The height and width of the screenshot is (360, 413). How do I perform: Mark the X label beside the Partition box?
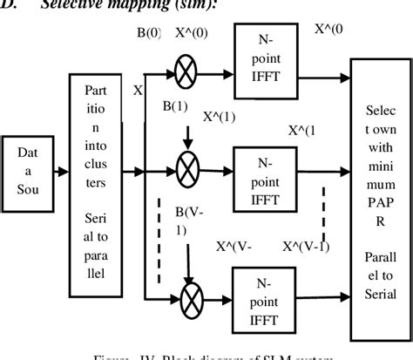tap(137, 89)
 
